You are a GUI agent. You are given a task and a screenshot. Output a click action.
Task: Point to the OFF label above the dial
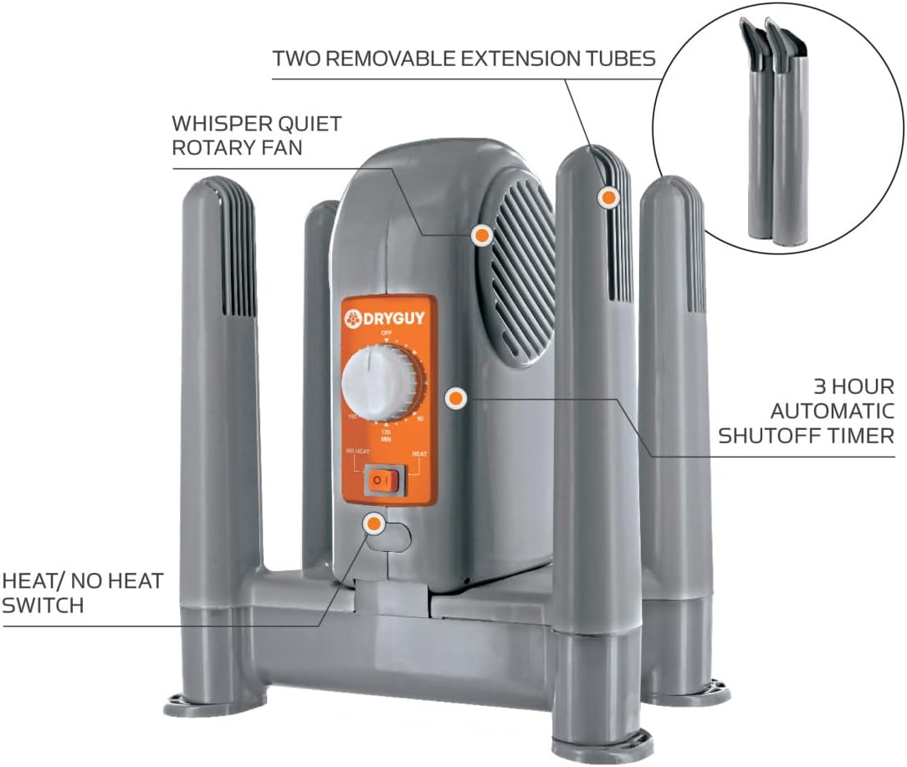click(x=387, y=333)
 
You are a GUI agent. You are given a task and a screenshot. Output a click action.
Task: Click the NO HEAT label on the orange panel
click(x=358, y=453)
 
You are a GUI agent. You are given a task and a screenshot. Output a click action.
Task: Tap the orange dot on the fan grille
click(x=480, y=236)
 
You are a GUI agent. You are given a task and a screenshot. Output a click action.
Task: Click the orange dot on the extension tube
click(x=608, y=197)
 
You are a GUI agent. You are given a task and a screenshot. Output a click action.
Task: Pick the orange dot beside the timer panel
click(x=454, y=399)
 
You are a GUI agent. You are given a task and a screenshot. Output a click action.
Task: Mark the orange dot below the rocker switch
click(x=373, y=524)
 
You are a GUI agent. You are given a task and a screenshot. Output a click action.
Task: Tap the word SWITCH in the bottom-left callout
click(x=43, y=605)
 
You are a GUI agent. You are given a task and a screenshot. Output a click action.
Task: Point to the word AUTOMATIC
click(x=832, y=412)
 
